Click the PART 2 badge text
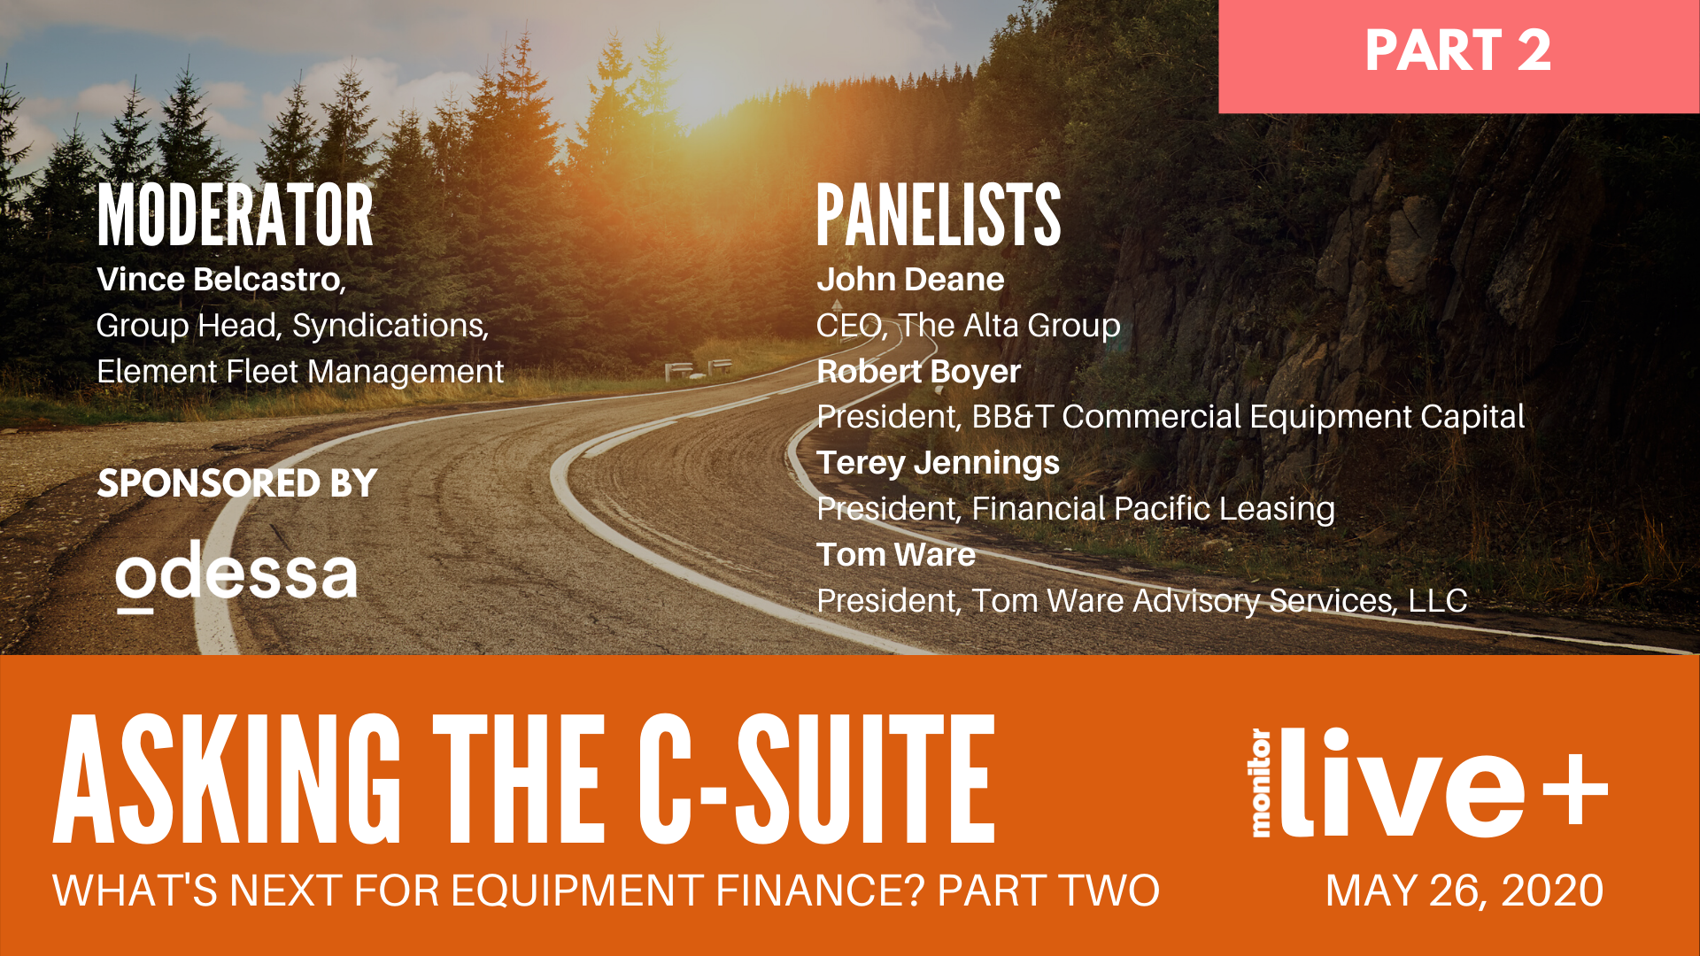1457,50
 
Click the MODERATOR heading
236,215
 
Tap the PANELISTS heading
939,215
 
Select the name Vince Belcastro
219,280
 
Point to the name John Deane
910,280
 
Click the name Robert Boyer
918,372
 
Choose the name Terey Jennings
938,463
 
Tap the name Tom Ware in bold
895,555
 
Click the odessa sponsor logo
236,576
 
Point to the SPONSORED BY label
237,483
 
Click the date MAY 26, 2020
1464,890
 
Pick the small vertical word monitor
1261,783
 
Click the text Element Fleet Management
300,372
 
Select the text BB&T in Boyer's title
1012,417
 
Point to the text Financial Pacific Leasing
1153,509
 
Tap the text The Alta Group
1010,326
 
